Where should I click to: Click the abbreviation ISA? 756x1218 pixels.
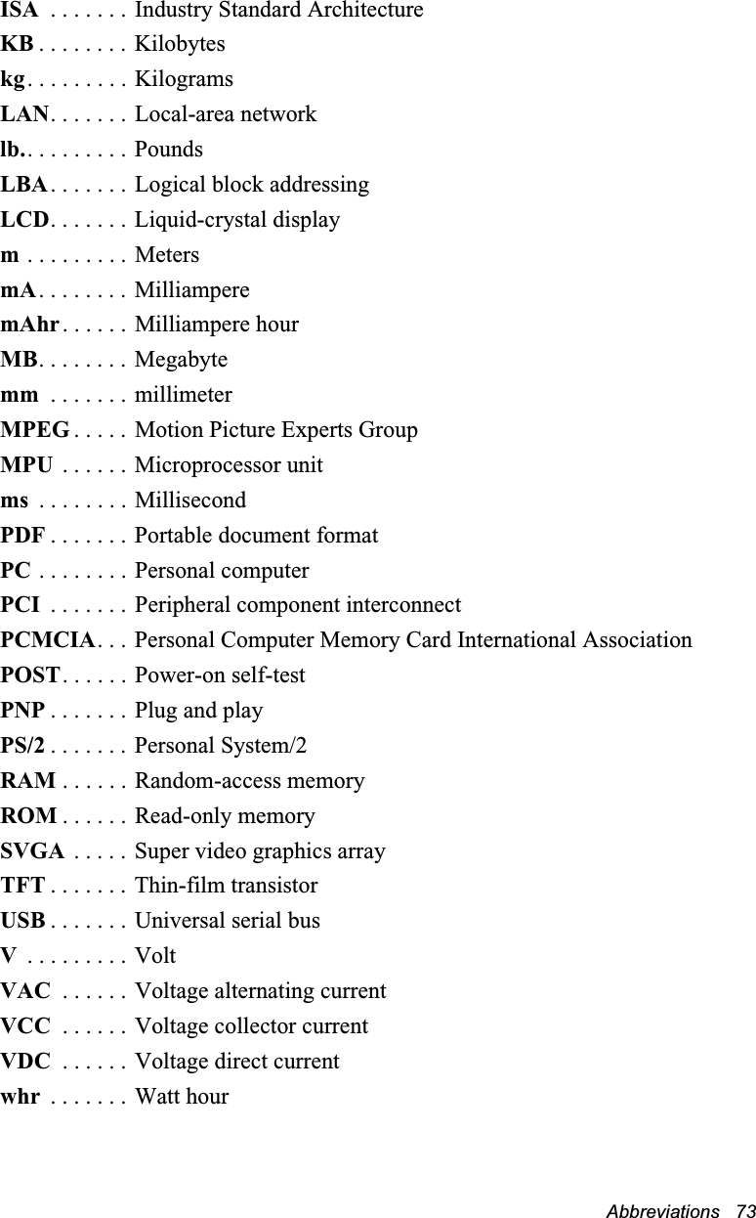pyautogui.click(x=20, y=11)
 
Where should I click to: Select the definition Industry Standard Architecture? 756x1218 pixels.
pyautogui.click(x=278, y=11)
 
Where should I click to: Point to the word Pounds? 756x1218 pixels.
pyautogui.click(x=169, y=150)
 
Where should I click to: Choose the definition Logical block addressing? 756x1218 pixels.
pyautogui.click(x=252, y=185)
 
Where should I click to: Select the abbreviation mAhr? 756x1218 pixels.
pyautogui.click(x=30, y=325)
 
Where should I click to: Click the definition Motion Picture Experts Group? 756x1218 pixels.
pyautogui.click(x=276, y=430)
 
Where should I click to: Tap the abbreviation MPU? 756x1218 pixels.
pyautogui.click(x=27, y=465)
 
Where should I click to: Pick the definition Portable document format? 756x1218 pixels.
pyautogui.click(x=256, y=536)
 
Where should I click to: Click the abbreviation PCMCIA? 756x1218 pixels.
pyautogui.click(x=48, y=641)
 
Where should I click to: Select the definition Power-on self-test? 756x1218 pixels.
pyautogui.click(x=220, y=675)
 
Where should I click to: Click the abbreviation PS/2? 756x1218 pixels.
pyautogui.click(x=22, y=747)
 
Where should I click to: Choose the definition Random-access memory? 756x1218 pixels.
pyautogui.click(x=249, y=781)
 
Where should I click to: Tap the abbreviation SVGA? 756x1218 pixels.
pyautogui.click(x=33, y=851)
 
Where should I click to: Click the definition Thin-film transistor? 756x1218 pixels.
pyautogui.click(x=226, y=886)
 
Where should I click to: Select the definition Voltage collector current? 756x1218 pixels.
pyautogui.click(x=251, y=1026)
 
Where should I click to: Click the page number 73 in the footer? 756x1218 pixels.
pyautogui.click(x=746, y=1211)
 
